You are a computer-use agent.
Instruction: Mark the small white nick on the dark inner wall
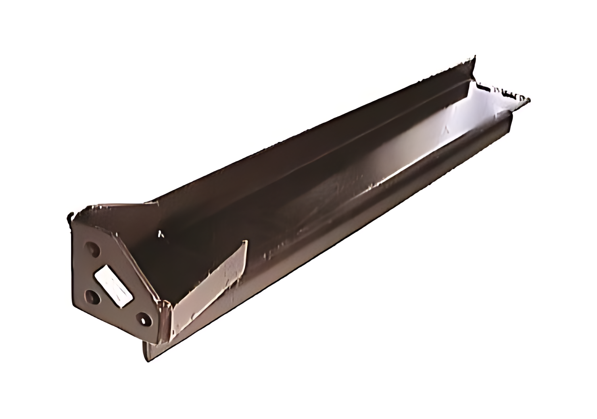pyautogui.click(x=161, y=233)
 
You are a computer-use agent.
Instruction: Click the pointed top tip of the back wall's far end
pyautogui.click(x=475, y=56)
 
